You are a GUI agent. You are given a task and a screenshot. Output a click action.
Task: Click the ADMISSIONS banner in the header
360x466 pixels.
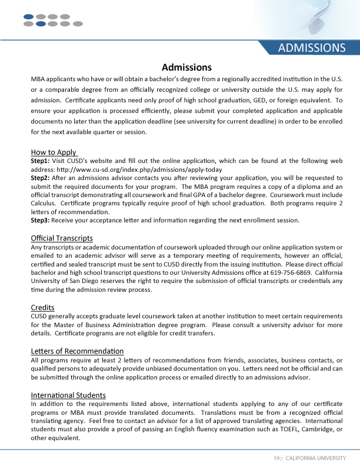coord(311,48)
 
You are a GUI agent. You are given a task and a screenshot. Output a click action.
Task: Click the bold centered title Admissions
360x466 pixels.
coord(186,67)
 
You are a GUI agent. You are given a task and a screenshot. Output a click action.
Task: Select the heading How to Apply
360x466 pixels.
coord(54,152)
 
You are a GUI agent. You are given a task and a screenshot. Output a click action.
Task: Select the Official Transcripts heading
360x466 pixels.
coord(62,238)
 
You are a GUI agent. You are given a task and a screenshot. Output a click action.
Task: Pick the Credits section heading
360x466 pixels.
coord(42,307)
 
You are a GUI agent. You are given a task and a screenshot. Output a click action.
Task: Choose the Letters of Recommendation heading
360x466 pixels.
coord(77,351)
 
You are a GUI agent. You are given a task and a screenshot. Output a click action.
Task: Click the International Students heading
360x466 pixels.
coord(68,395)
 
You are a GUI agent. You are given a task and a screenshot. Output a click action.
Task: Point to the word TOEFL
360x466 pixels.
coord(285,430)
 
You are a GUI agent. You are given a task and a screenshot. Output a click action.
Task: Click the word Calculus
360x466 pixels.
coord(45,203)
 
